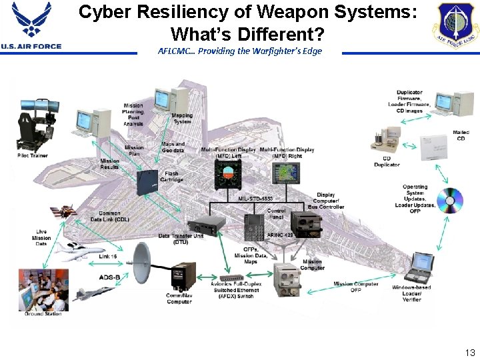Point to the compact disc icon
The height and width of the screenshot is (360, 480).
point(450,200)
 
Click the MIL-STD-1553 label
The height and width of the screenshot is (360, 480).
point(256,198)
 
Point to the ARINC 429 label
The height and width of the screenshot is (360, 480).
point(279,235)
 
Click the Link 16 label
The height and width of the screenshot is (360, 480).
point(108,257)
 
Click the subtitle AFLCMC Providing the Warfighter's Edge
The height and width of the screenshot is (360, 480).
point(240,51)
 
